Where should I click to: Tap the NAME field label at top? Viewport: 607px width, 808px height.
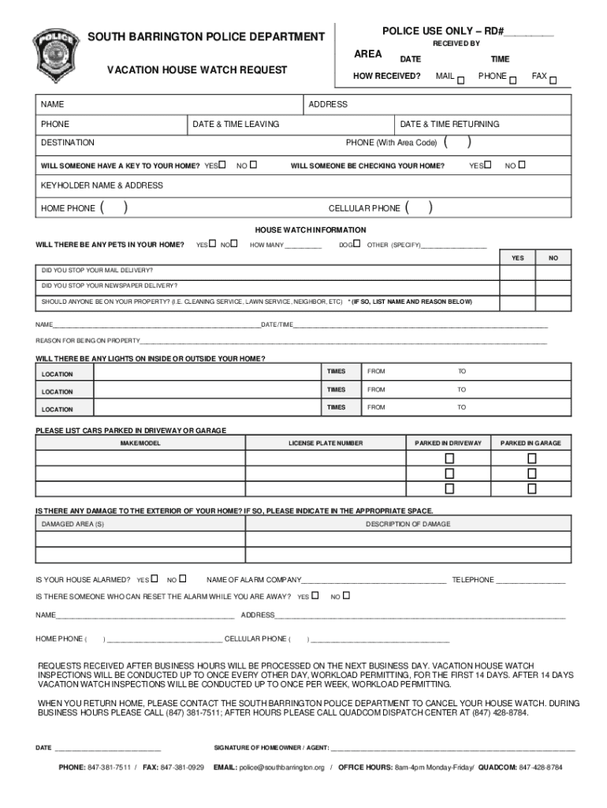(x=53, y=104)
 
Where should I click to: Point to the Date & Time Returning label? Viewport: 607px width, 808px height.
(x=449, y=124)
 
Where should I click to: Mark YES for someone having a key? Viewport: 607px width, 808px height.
(x=222, y=165)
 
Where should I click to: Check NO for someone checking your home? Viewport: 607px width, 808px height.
(x=521, y=165)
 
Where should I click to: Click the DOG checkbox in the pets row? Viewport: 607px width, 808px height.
(x=357, y=244)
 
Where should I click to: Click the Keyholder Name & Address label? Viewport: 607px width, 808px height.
(x=102, y=185)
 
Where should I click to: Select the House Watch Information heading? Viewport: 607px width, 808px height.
(x=310, y=230)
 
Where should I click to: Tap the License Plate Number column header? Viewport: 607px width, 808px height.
(x=326, y=443)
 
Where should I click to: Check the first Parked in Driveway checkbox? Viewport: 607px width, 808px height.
(x=449, y=458)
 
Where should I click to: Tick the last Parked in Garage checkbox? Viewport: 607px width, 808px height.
(x=531, y=488)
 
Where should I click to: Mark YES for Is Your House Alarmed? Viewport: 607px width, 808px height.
(x=155, y=578)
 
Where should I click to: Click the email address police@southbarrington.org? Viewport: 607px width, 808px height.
(x=282, y=767)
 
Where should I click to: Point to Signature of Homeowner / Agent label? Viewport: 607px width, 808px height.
(x=272, y=748)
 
